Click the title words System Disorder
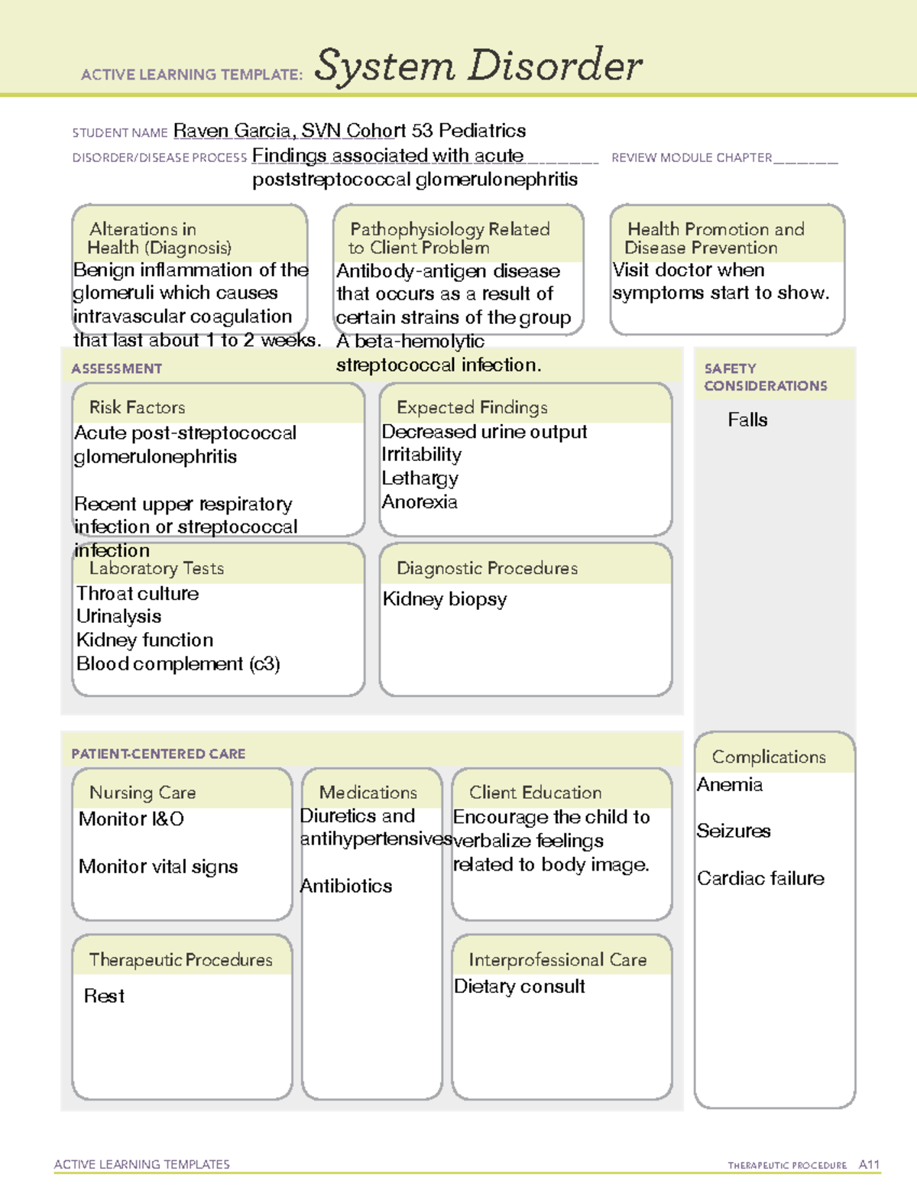point(478,66)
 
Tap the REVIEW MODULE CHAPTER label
point(691,157)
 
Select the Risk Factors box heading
point(137,407)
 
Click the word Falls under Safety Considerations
point(747,420)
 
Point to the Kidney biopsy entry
point(444,599)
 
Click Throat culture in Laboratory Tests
point(138,593)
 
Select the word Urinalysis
point(118,616)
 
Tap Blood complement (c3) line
point(178,663)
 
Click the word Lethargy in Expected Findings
point(420,478)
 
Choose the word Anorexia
point(420,502)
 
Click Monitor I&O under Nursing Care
point(131,819)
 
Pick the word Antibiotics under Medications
point(346,886)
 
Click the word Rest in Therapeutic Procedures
point(104,996)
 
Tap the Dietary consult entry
point(519,987)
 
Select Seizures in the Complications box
point(733,831)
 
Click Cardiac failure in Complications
point(760,878)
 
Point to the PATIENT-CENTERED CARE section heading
point(158,754)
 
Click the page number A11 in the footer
point(869,1165)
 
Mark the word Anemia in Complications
point(729,785)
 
